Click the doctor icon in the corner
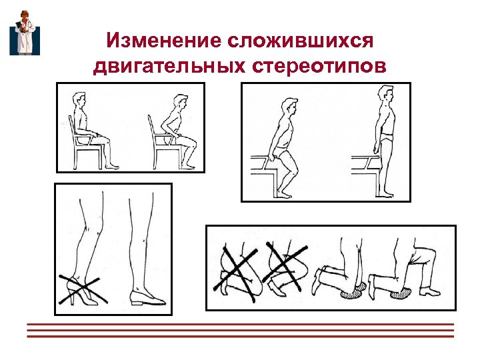pyautogui.click(x=24, y=33)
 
